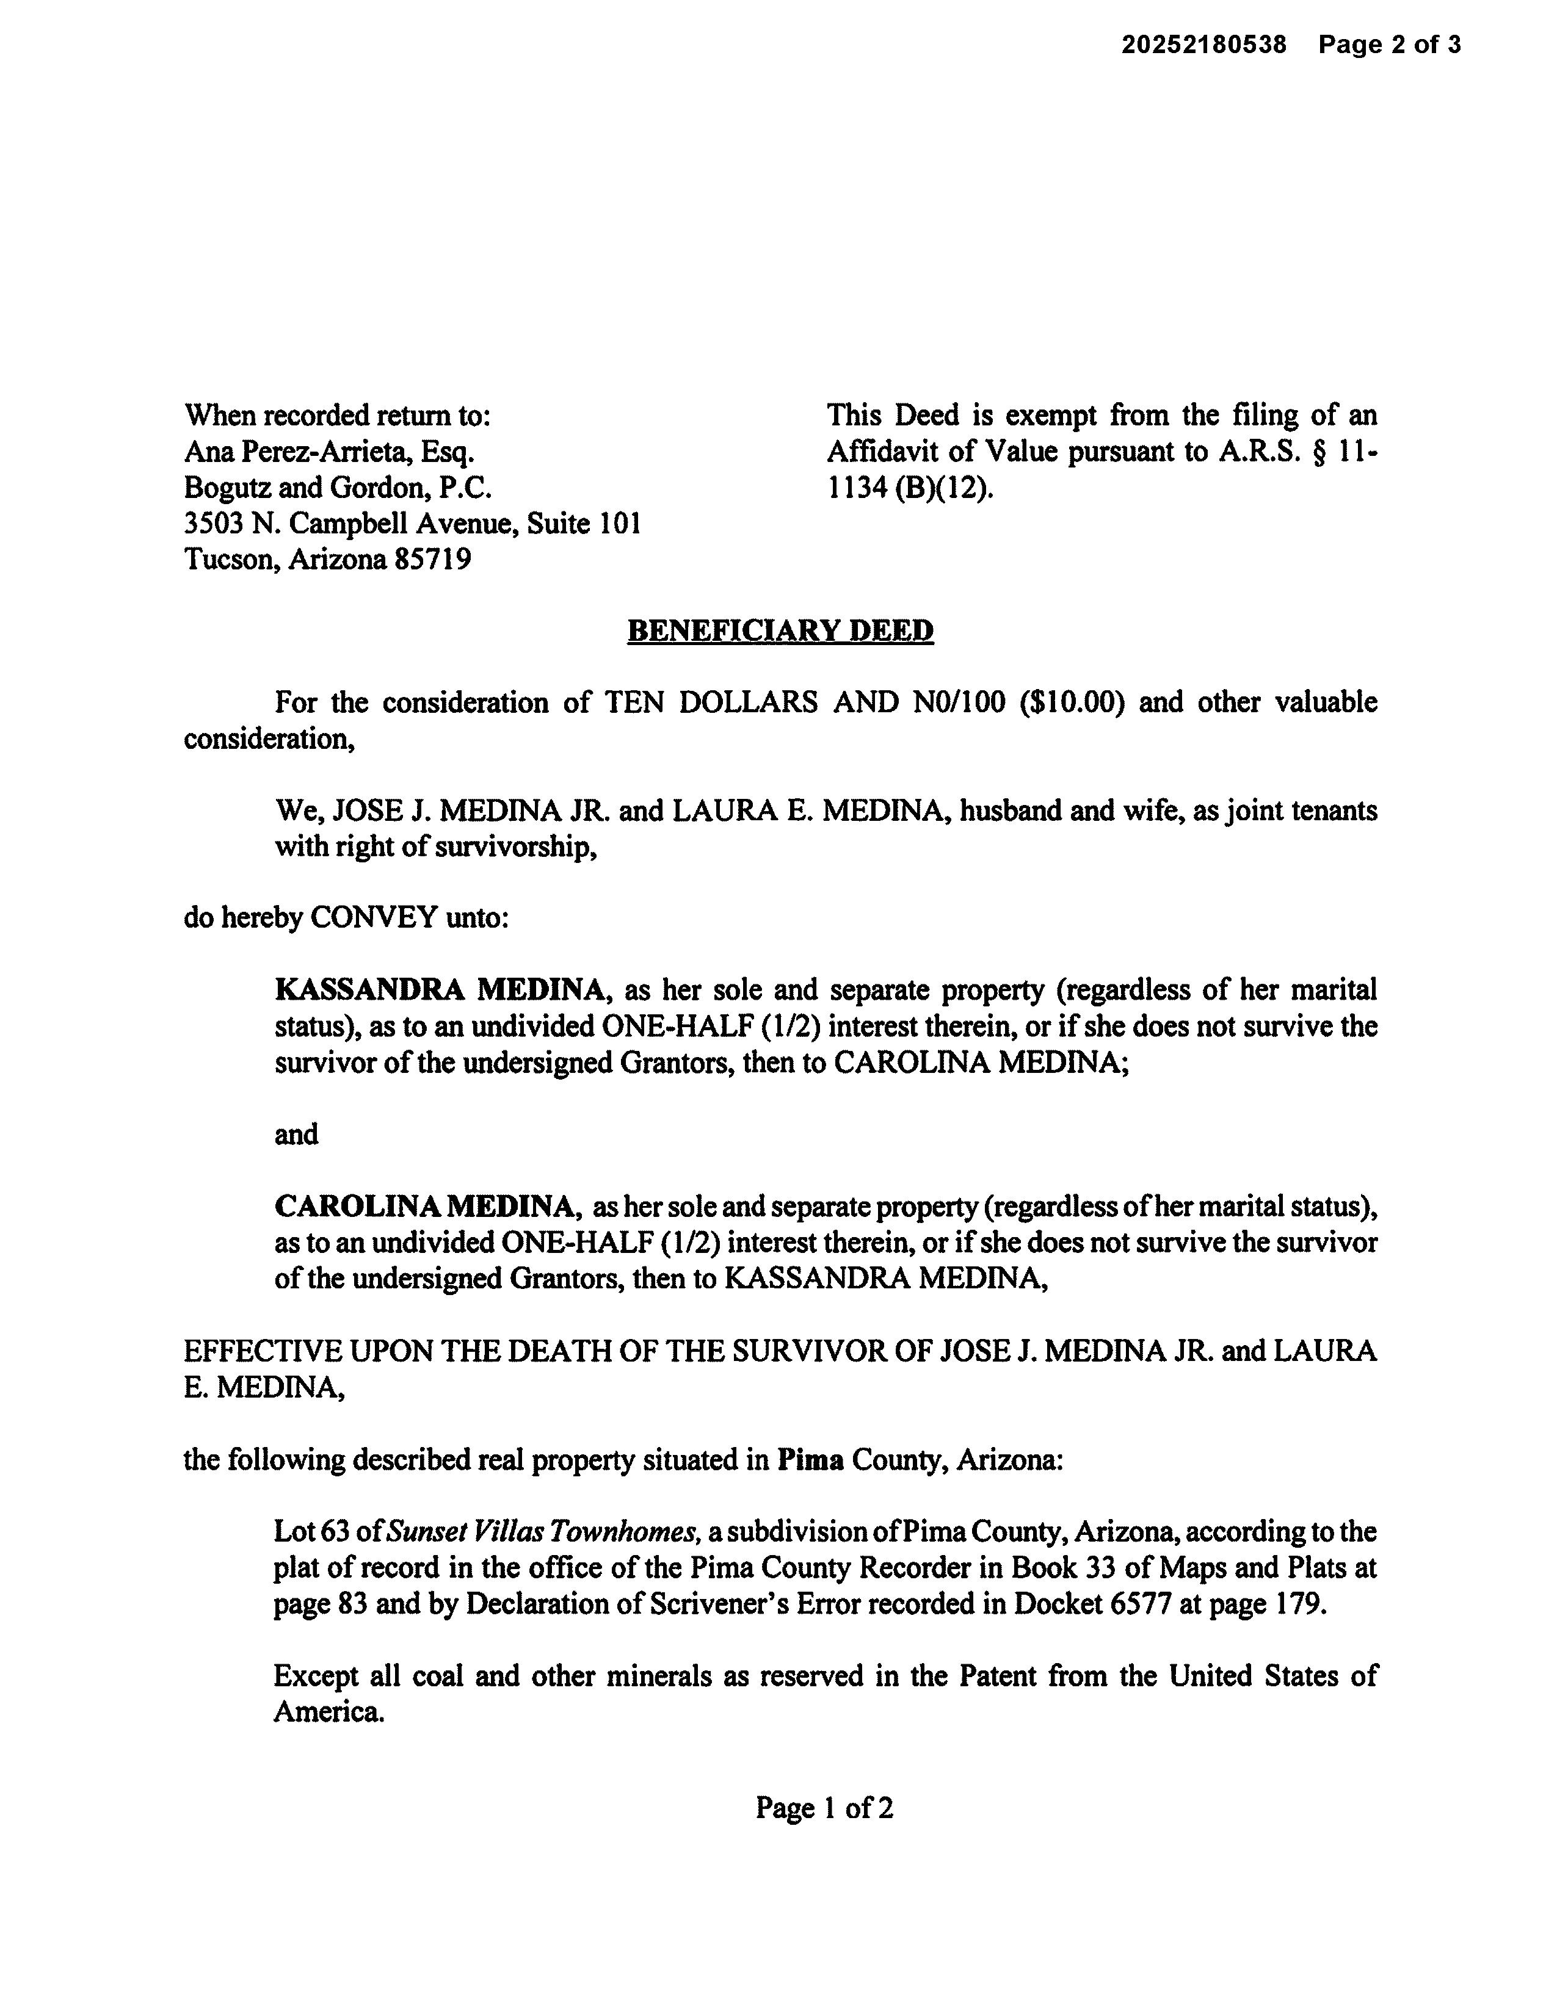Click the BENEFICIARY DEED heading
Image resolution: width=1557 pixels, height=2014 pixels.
coord(780,631)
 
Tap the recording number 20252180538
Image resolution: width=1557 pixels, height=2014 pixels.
coord(1203,45)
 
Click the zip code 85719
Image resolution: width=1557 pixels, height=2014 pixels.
coord(433,560)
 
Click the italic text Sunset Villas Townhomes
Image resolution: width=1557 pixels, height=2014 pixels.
coord(542,1532)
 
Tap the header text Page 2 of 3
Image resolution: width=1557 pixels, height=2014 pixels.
coord(1388,45)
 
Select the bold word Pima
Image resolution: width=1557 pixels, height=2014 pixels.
coord(810,1460)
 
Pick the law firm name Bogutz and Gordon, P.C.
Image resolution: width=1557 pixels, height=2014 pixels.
coord(338,488)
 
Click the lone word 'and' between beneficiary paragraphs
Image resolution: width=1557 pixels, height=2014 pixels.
coord(296,1135)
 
